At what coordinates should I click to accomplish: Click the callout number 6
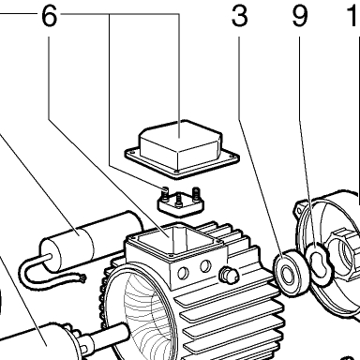tap(50, 16)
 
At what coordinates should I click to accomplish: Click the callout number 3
tap(240, 16)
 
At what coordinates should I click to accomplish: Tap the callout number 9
tap(300, 16)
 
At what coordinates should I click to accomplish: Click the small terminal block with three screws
tap(180, 203)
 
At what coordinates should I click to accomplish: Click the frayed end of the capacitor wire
tap(82, 277)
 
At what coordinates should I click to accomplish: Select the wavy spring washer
tap(319, 261)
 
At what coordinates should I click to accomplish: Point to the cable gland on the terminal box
tap(229, 276)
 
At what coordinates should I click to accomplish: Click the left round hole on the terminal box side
tap(183, 274)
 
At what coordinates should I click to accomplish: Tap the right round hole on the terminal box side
tap(205, 266)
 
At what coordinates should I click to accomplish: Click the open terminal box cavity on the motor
tap(174, 239)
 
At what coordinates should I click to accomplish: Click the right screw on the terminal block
tap(196, 193)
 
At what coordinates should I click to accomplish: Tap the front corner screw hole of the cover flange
tap(177, 172)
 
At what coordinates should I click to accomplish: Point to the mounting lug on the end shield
tap(299, 210)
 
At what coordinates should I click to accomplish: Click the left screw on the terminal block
tap(164, 192)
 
